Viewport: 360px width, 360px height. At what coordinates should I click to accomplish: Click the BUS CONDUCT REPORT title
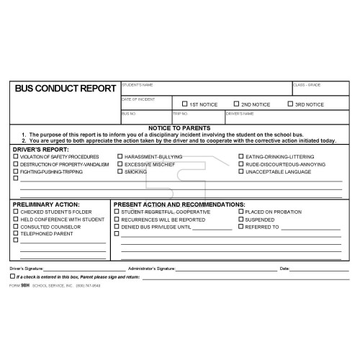(66, 89)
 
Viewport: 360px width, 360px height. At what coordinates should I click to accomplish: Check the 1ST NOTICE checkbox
(184, 104)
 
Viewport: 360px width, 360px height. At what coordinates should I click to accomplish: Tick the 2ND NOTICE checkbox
(236, 104)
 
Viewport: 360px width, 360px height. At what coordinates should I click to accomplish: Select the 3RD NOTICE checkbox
(290, 104)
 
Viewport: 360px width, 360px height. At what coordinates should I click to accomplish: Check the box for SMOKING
(120, 171)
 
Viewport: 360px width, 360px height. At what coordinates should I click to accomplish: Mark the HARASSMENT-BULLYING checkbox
(120, 156)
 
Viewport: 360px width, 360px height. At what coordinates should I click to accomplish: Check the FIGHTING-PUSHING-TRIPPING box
(16, 171)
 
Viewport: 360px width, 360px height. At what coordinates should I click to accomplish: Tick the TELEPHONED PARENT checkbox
(16, 233)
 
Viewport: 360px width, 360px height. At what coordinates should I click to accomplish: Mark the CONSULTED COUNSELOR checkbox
(16, 226)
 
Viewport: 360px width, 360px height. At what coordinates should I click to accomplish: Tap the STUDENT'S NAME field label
(137, 85)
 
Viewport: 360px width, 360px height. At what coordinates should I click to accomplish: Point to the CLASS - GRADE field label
(307, 85)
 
